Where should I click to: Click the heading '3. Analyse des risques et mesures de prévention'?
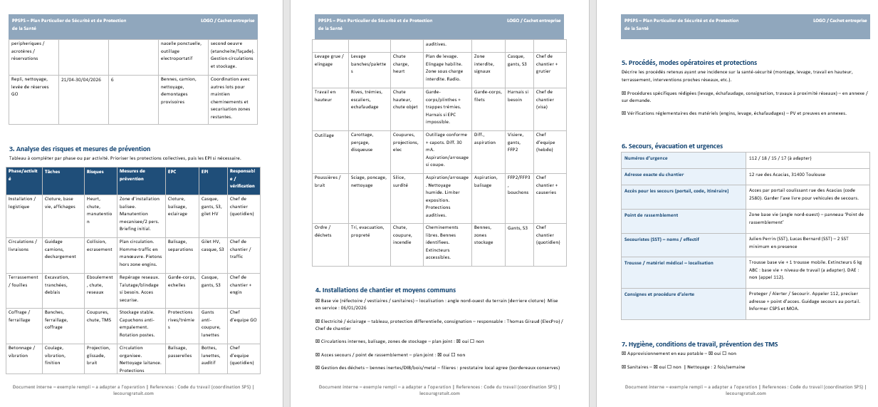click(80, 148)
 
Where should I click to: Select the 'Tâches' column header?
click(52, 172)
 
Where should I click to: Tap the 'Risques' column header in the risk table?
click(95, 172)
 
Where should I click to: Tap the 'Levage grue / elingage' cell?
click(328, 60)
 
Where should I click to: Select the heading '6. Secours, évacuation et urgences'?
click(672, 146)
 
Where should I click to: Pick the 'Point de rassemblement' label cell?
click(651, 215)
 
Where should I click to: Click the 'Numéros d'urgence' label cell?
click(646, 158)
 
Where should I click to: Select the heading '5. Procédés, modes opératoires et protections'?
click(689, 63)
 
